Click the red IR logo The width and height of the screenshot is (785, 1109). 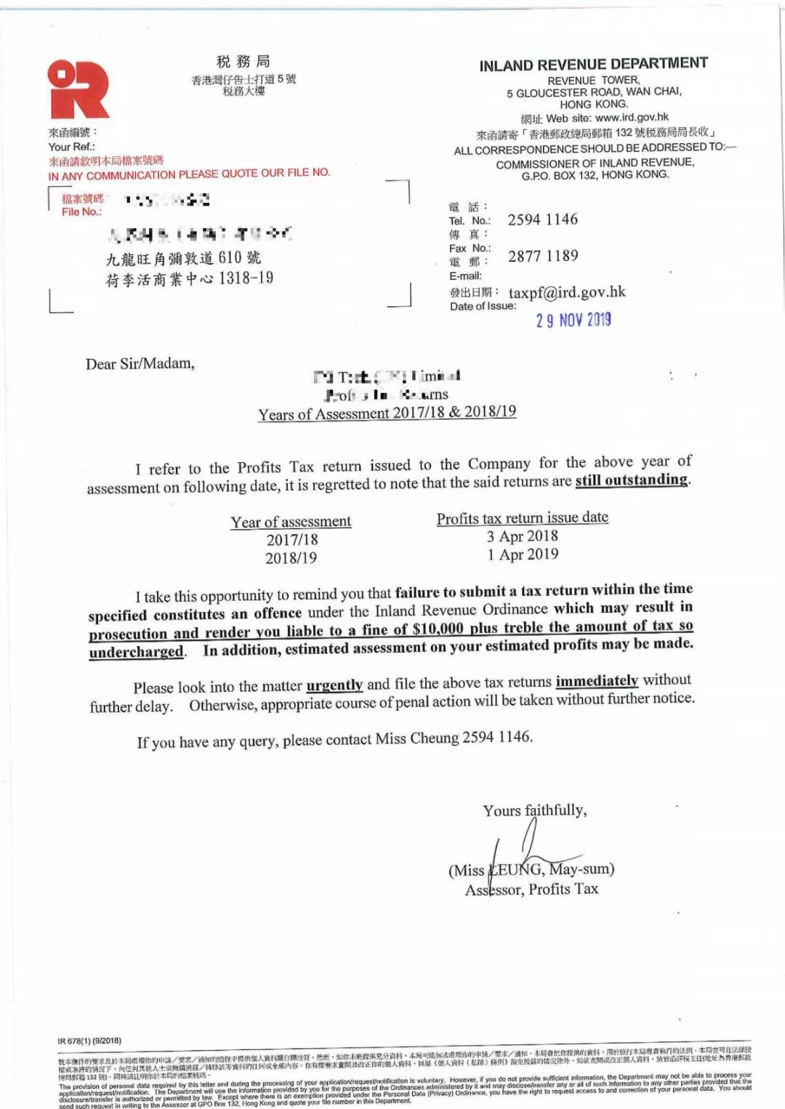point(78,89)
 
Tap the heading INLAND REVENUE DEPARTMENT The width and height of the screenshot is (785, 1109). point(593,65)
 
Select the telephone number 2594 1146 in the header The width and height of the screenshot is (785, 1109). point(542,219)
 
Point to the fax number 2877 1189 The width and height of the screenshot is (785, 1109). point(543,256)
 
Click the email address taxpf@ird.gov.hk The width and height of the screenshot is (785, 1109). point(567,292)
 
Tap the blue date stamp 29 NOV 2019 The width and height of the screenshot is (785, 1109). point(573,320)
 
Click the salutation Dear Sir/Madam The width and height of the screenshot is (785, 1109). point(140,363)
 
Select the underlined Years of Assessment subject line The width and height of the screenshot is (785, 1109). point(387,413)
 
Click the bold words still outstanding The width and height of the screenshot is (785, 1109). point(632,480)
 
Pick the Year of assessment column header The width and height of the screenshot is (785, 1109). point(291,522)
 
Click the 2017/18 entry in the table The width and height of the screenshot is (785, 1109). point(292,540)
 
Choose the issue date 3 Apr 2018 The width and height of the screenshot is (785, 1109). point(523,536)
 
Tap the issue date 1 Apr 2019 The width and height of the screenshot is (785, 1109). point(523,554)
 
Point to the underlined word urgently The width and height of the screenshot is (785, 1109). point(334,685)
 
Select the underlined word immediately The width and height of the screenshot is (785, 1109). point(597,681)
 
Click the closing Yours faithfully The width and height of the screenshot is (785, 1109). point(535,810)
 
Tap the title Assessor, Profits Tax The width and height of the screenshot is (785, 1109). point(532,889)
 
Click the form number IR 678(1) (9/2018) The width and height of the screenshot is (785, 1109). point(89,1041)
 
